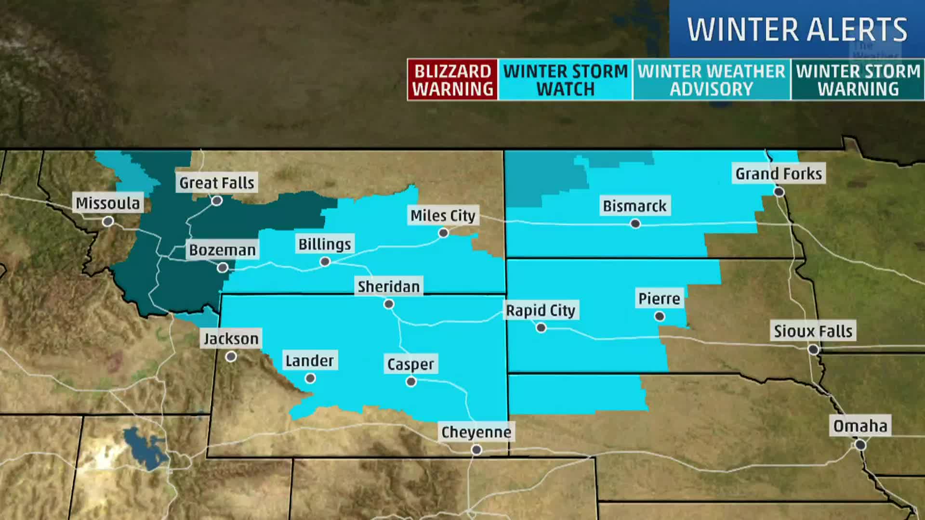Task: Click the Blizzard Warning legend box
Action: click(x=452, y=80)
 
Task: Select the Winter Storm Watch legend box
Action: click(x=565, y=80)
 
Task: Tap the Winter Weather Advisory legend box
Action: click(x=712, y=80)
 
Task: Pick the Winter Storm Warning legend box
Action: click(x=858, y=80)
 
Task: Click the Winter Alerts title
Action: click(x=797, y=30)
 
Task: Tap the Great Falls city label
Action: click(x=216, y=183)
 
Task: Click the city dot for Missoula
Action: click(x=108, y=221)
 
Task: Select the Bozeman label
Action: click(x=222, y=250)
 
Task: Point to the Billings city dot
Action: click(x=325, y=262)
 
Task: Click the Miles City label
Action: click(x=443, y=215)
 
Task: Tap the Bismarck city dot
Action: click(x=635, y=224)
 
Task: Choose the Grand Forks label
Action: click(x=779, y=173)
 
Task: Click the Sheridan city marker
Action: click(x=389, y=304)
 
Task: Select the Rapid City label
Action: click(x=541, y=311)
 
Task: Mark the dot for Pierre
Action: click(x=660, y=316)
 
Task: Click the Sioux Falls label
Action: click(x=813, y=331)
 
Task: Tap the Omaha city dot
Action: click(x=860, y=445)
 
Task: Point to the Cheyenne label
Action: click(x=476, y=432)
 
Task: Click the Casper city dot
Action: click(x=411, y=382)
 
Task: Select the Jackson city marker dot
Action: click(x=231, y=357)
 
